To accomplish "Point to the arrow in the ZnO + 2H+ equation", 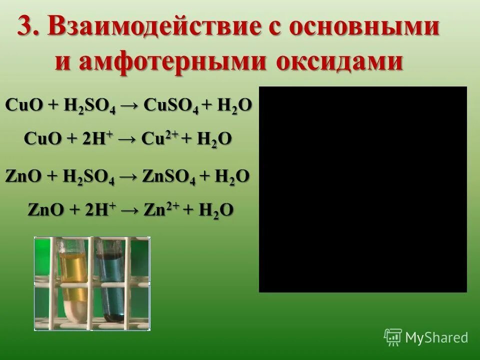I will click(x=129, y=210).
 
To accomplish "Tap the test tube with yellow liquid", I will click(x=73, y=280).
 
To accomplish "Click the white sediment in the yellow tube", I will click(x=72, y=310).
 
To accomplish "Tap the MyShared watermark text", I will click(x=436, y=337).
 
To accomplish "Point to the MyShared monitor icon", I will click(x=393, y=337).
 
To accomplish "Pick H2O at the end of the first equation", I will click(x=234, y=106).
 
